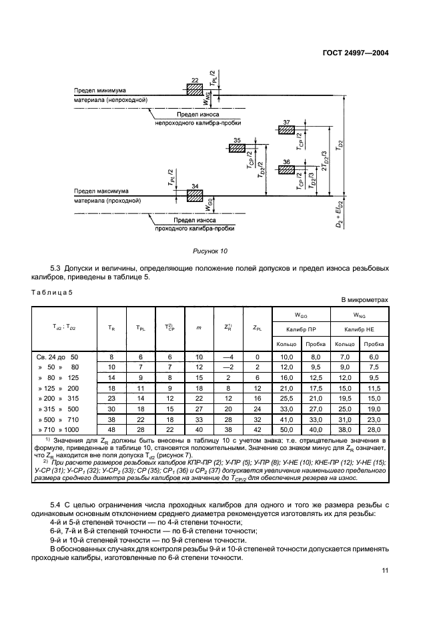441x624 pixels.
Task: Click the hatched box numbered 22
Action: pyautogui.click(x=195, y=89)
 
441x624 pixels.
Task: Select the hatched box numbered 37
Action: pyautogui.click(x=287, y=131)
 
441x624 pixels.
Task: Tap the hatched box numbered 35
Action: pyautogui.click(x=238, y=147)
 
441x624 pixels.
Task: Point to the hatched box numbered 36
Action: pyautogui.click(x=287, y=170)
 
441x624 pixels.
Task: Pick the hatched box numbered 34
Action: pyautogui.click(x=195, y=195)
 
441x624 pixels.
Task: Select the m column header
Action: pyautogui.click(x=199, y=327)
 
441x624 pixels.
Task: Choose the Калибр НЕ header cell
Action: pyautogui.click(x=358, y=329)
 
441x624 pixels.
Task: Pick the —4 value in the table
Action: pyautogui.click(x=228, y=357)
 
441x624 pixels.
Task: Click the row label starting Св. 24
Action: pyautogui.click(x=57, y=357)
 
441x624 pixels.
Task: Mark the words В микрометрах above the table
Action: pyautogui.click(x=364, y=300)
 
